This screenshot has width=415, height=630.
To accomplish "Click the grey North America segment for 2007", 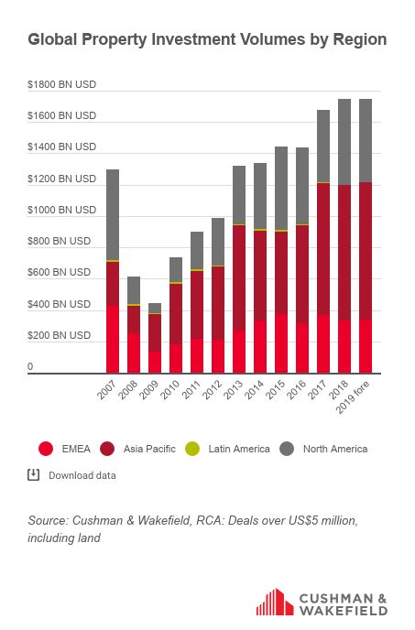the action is pos(113,215).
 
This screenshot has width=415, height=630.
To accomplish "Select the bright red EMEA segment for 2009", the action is pos(155,363).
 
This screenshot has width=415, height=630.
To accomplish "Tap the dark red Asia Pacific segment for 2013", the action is pos(239,278).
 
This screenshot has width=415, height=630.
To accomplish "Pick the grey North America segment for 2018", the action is pos(344,142).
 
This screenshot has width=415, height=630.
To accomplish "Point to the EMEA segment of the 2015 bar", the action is pos(281,343).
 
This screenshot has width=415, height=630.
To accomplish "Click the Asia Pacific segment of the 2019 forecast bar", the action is pos(366,251).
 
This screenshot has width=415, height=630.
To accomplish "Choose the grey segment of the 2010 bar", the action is pos(176,269).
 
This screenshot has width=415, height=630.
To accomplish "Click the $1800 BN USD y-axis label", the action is pos(62,84).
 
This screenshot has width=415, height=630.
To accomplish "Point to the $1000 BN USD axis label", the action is pos(62,210).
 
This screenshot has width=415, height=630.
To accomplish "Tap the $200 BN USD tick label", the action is pos(60,335).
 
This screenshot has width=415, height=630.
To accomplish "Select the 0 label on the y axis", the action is pos(30,366).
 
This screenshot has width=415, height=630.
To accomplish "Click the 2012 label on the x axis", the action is pos(213,390).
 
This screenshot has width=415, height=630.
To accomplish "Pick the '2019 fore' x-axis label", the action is pos(353,397).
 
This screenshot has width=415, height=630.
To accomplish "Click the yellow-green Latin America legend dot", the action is pos(192,449).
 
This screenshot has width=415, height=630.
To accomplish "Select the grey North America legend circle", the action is pos(287,449).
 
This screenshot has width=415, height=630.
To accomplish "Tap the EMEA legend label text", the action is pos(76,449).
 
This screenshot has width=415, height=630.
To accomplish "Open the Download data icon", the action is pos(33,474).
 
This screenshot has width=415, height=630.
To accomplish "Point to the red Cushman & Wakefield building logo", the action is pos(275,602).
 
